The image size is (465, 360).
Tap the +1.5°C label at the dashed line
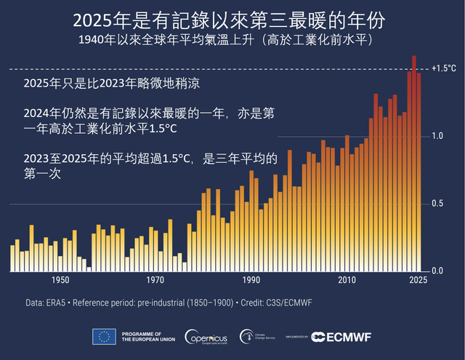click(x=443, y=68)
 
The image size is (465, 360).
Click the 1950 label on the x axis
click(x=60, y=280)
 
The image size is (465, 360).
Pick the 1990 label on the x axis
click(x=251, y=280)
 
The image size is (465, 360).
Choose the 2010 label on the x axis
click(x=347, y=280)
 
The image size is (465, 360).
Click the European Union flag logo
click(x=104, y=337)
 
